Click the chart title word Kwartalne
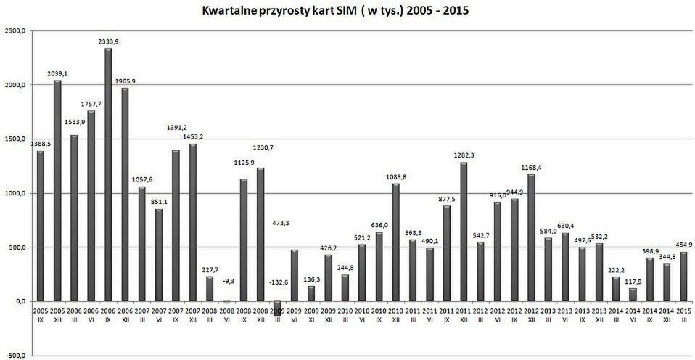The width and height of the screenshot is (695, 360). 231,12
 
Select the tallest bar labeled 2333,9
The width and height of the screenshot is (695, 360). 108,174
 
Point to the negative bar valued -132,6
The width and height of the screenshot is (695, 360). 277,308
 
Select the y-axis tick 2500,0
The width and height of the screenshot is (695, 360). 15,31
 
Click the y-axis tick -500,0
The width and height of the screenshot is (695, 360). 15,355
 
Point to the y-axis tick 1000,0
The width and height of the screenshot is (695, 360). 15,193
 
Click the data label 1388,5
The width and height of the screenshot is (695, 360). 40,143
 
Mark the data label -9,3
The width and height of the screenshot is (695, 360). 228,279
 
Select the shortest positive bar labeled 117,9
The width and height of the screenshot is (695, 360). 632,294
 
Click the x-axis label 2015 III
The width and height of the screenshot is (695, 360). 683,313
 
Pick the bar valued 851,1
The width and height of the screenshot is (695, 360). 159,255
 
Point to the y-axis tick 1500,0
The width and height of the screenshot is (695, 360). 15,139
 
